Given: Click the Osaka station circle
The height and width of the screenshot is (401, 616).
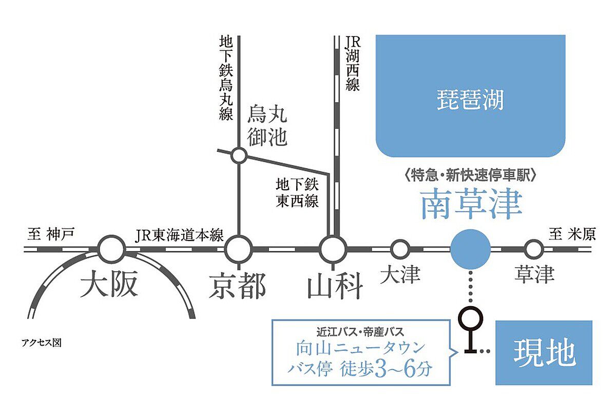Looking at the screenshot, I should point(111,250).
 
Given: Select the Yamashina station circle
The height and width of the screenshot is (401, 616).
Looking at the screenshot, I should point(333,250).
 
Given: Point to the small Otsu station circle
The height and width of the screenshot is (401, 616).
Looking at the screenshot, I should point(400,250).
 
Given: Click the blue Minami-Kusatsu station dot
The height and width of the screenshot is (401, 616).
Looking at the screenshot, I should point(470,250).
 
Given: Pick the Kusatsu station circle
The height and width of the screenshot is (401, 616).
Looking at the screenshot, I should point(534,250).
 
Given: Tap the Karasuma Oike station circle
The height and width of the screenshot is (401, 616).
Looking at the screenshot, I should point(239,154).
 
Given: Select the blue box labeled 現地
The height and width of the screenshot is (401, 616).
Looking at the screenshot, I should point(544,352).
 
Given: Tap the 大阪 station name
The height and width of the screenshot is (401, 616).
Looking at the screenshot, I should point(110,286).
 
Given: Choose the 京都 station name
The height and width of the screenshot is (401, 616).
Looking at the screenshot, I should point(237,286).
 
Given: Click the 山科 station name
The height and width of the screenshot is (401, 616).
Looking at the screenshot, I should point(334,286).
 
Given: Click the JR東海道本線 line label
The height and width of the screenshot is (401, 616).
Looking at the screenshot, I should point(179,235).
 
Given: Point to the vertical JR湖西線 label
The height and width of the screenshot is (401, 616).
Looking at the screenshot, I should point(352,63).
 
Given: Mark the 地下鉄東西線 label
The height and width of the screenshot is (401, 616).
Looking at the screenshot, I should point(297,192).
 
